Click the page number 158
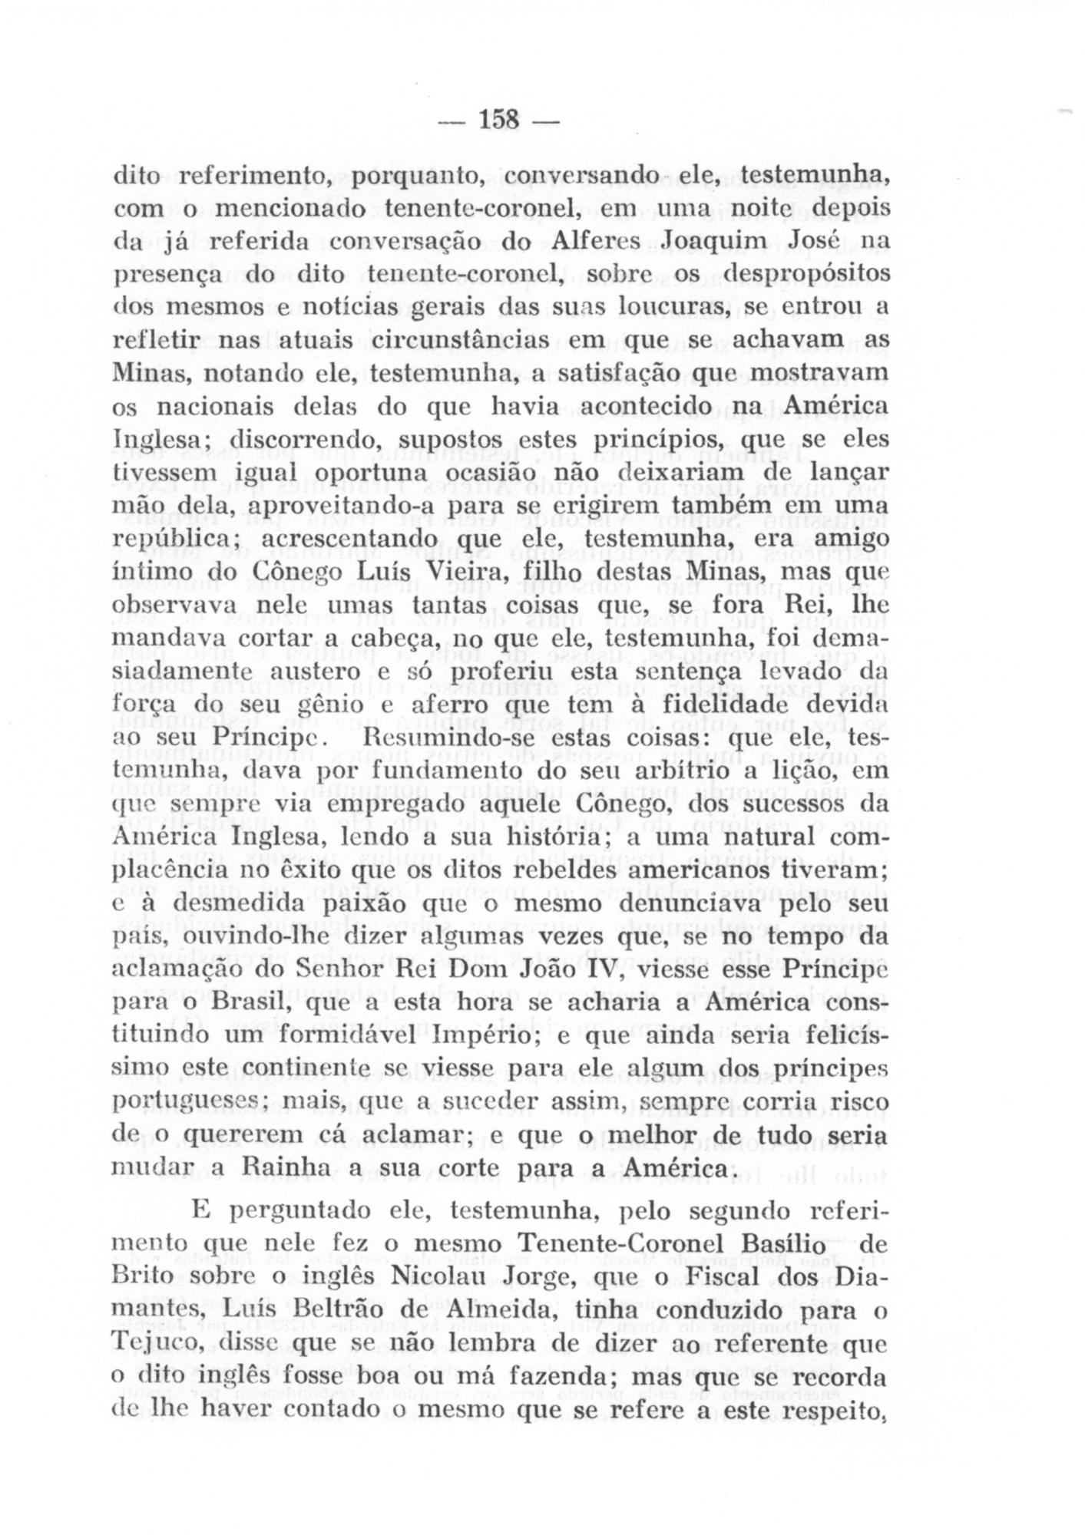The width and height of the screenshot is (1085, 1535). tap(500, 120)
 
